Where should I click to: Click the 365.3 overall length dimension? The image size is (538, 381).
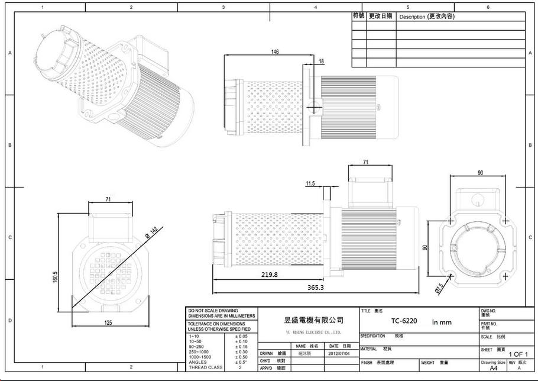point(316,287)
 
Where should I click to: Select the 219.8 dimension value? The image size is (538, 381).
point(269,275)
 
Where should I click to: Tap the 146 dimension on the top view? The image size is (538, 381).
point(275,52)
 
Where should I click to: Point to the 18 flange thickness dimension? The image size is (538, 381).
point(321,62)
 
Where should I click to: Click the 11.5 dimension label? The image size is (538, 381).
point(310,184)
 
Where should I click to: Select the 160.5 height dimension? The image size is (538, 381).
point(54,277)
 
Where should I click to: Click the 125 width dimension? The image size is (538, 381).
point(108,322)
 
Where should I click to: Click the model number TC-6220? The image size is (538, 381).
point(404,321)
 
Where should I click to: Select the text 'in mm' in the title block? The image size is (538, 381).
point(441,322)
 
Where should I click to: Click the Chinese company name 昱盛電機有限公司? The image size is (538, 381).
point(313,320)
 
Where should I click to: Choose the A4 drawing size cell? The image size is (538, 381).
point(493,368)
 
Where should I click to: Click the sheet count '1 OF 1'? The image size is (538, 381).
point(517,354)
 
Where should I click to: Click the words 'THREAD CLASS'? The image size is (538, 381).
point(205,367)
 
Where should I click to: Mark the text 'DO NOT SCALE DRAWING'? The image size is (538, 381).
point(213,311)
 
